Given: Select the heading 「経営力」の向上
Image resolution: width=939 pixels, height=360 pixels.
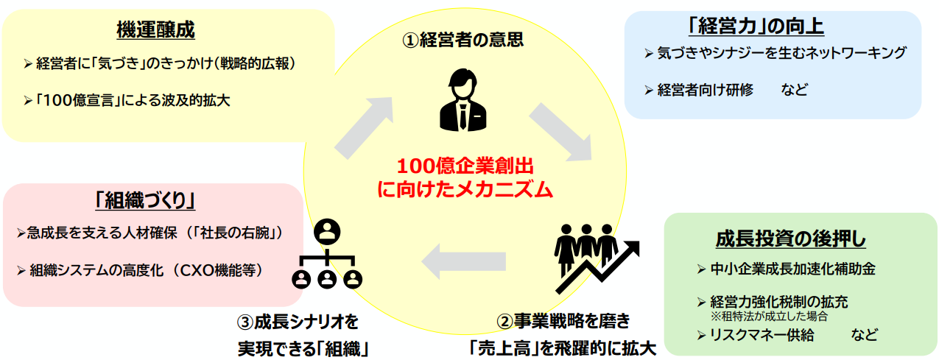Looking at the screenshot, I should tap(755, 27).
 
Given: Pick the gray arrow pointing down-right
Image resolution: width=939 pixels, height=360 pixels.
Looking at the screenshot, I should tap(560, 132).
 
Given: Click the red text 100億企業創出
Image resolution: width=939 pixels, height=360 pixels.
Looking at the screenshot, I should tap(465, 165).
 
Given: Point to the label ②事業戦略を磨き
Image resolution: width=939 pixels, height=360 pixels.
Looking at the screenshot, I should tap(563, 322).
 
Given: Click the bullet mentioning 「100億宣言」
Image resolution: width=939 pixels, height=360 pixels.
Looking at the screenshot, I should tap(133, 99).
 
